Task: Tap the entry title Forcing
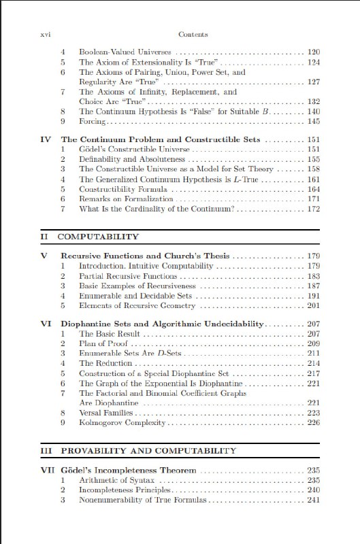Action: coord(92,121)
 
